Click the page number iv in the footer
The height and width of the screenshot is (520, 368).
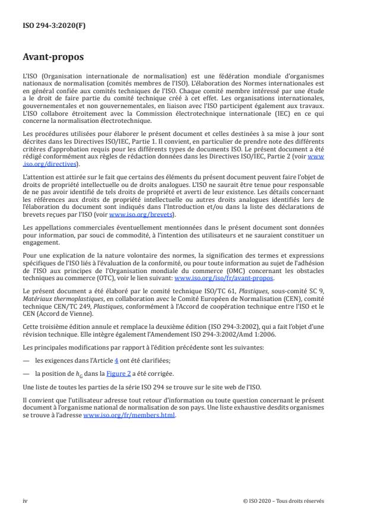click(26, 500)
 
